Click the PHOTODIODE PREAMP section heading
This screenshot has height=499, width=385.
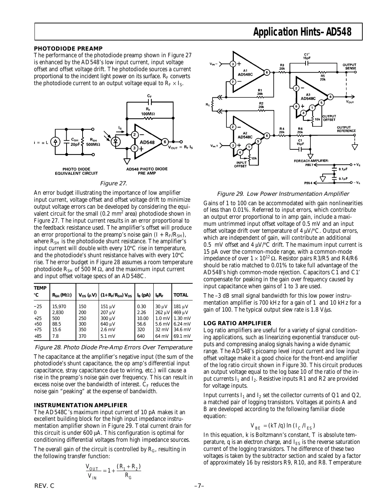point(68,49)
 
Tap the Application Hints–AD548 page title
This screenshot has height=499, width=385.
point(302,32)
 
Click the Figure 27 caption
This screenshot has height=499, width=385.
point(113,183)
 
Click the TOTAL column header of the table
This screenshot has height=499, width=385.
point(181,295)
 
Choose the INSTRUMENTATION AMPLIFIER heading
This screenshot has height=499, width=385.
point(80,405)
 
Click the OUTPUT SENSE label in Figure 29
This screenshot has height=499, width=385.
point(349,67)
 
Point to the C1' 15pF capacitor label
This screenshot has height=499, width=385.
point(307,56)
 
